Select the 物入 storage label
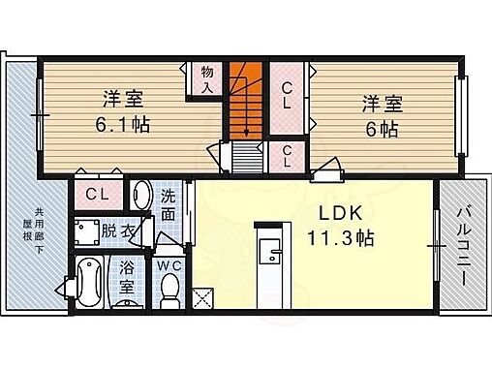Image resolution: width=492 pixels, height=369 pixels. pyautogui.click(x=207, y=78)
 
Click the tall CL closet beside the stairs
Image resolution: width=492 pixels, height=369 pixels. pyautogui.click(x=288, y=97)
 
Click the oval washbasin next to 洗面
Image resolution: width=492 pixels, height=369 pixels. pyautogui.click(x=140, y=196)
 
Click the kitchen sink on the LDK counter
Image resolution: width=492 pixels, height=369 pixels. pyautogui.click(x=271, y=257)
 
